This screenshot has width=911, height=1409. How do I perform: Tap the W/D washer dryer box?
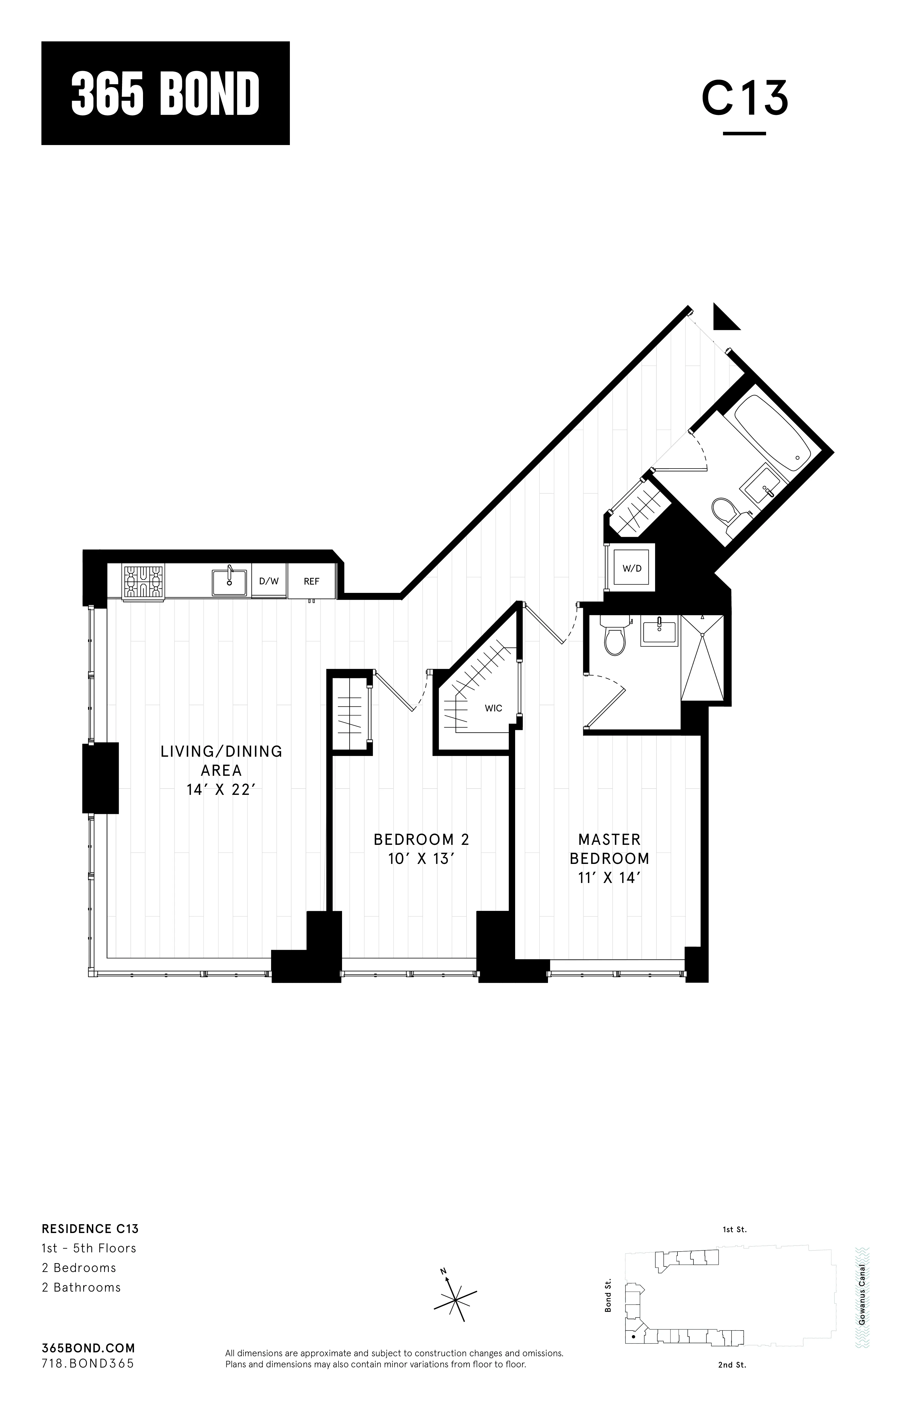[x=632, y=568]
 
